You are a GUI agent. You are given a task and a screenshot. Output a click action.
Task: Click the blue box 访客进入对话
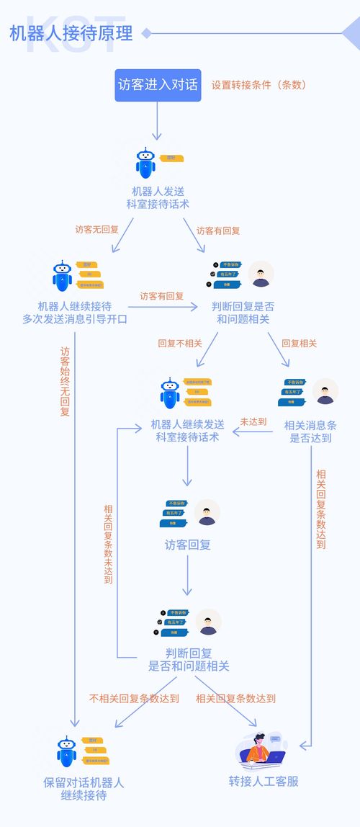158,85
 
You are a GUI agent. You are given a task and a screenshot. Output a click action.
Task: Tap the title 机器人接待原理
71,33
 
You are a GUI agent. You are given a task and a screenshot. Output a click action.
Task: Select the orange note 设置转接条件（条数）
258,84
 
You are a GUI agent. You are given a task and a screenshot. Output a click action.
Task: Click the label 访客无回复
97,231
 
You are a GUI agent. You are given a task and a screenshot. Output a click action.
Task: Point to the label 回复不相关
180,344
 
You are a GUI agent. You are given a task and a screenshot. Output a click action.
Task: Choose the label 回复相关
299,344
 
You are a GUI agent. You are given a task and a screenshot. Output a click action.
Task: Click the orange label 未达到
253,421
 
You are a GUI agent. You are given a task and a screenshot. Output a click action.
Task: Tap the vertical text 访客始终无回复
65,382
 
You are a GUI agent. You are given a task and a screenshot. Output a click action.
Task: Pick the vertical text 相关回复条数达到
321,509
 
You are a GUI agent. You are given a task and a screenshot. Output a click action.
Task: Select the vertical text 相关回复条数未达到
108,544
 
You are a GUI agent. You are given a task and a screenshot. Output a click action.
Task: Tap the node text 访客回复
188,545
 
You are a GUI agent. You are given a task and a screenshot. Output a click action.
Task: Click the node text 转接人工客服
264,781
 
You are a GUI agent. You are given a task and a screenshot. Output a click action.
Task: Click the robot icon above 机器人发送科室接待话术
146,163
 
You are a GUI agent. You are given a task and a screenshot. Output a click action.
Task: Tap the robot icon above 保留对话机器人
67,751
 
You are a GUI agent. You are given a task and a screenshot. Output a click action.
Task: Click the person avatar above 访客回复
207,512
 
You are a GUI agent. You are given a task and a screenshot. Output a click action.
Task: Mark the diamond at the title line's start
147,33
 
